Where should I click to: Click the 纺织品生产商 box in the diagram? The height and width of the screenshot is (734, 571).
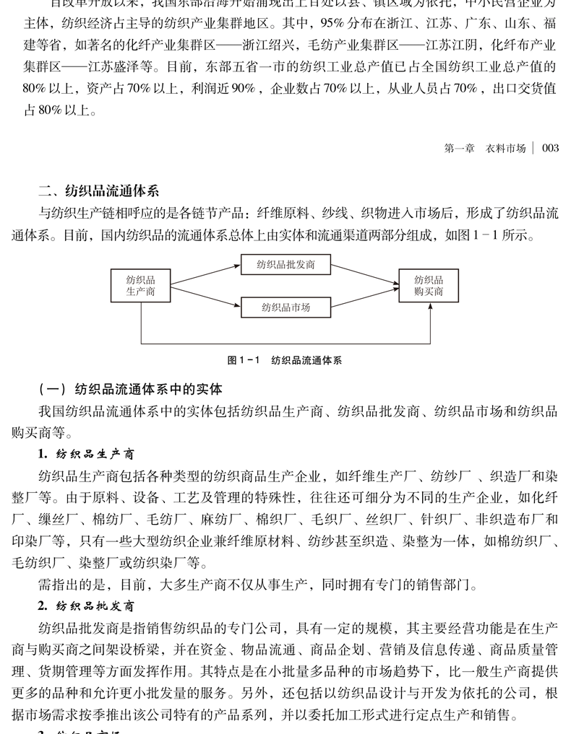coord(141,286)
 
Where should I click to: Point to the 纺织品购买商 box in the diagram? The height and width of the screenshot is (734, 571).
coord(429,286)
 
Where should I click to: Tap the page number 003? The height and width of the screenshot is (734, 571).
coord(550,148)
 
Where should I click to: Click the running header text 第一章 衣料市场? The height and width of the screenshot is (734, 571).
coord(485,148)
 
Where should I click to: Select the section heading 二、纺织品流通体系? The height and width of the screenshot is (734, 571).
coord(98,191)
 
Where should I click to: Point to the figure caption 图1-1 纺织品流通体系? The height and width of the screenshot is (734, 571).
coord(285,360)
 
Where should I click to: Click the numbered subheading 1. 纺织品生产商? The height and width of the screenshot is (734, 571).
coord(86,454)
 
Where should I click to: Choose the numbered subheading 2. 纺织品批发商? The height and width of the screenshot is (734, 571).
coord(86,606)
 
